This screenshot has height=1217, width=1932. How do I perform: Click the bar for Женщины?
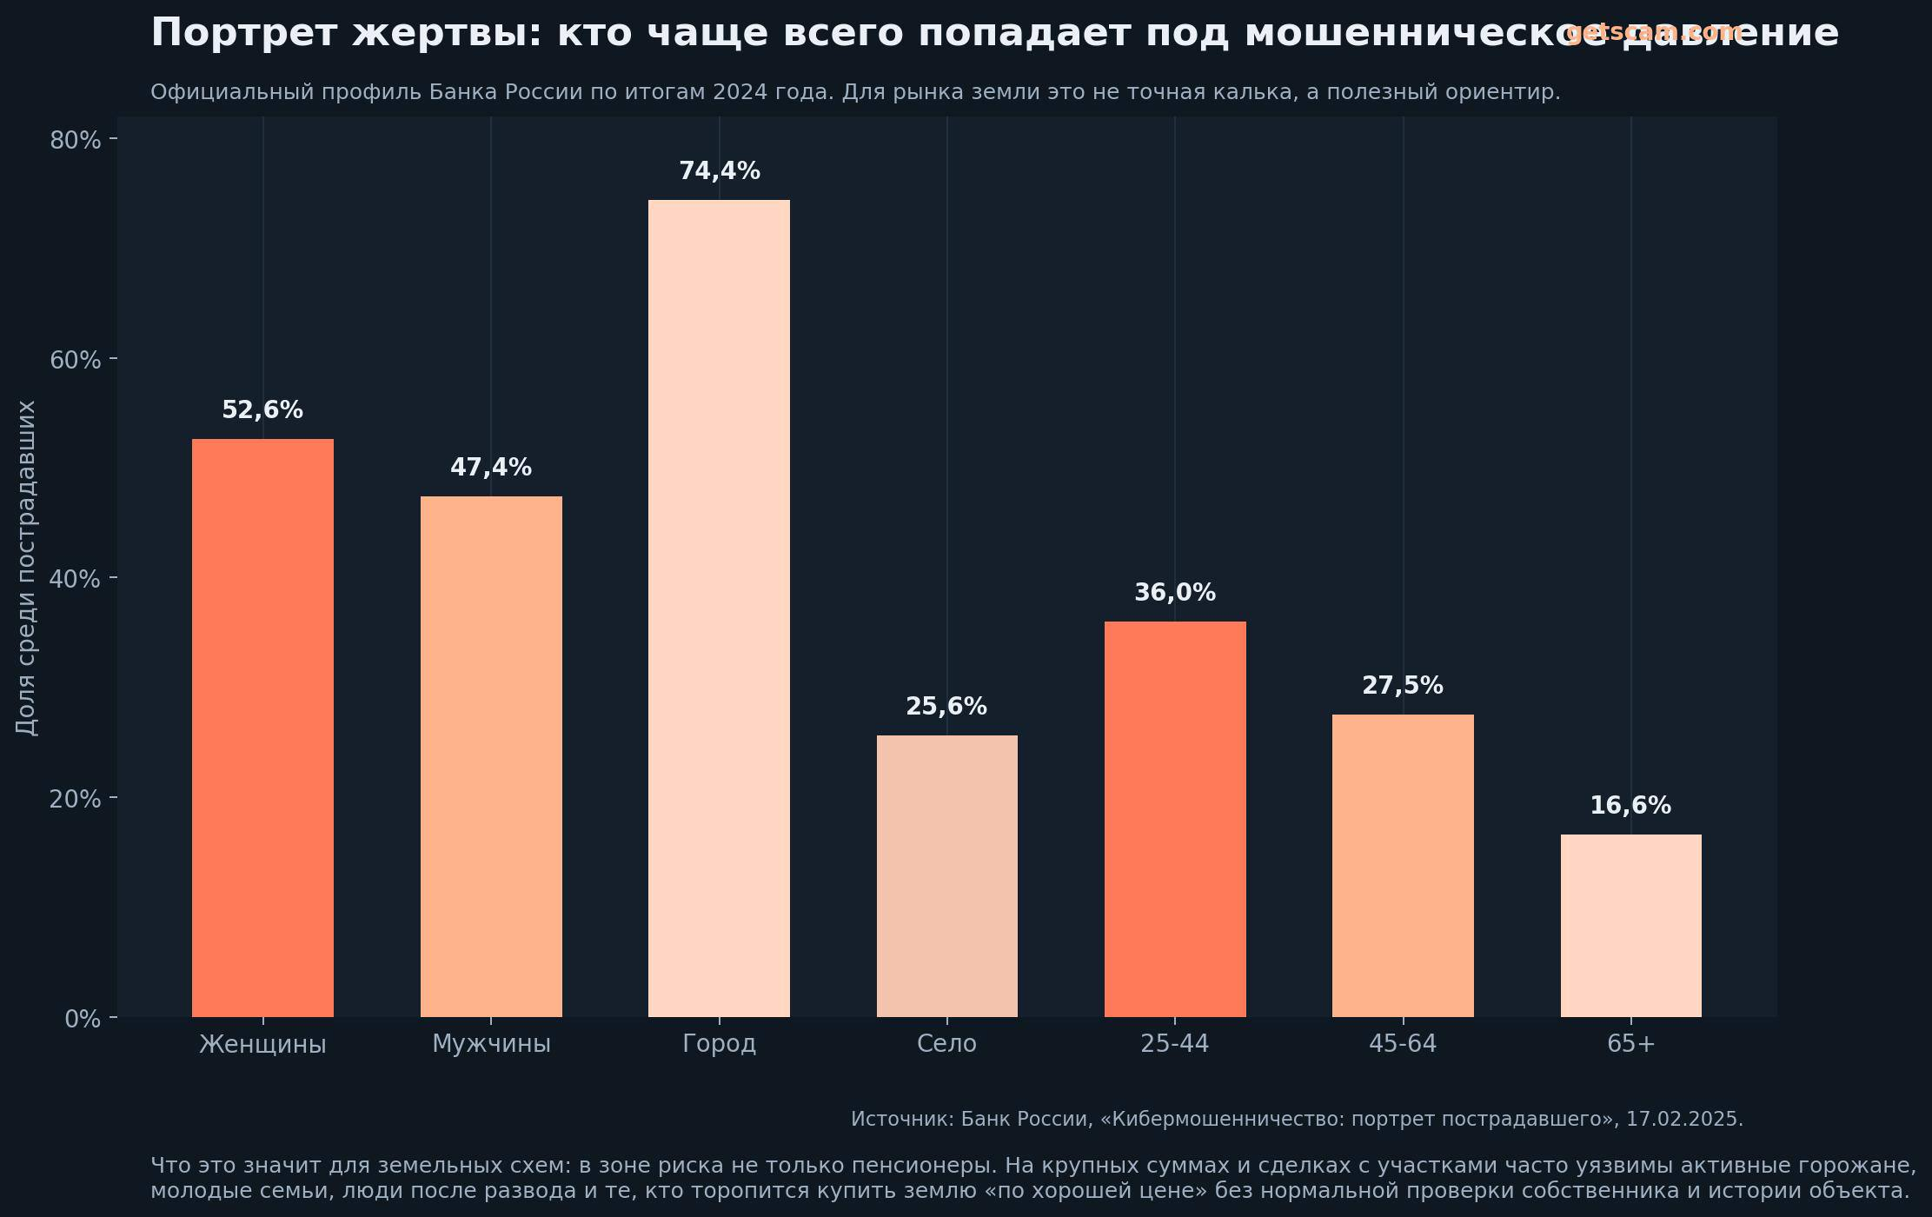point(262,728)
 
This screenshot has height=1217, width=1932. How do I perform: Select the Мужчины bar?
point(491,756)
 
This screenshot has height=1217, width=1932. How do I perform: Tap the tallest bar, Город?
point(719,608)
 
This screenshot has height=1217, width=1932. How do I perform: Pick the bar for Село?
point(946,875)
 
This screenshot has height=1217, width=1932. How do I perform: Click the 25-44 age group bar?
point(1175,819)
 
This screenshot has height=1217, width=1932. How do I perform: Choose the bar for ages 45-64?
point(1403,865)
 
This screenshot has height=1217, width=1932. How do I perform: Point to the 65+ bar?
point(1630,925)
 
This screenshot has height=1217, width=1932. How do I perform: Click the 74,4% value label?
point(719,171)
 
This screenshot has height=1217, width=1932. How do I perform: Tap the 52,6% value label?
point(262,410)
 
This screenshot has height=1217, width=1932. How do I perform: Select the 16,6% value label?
point(1630,806)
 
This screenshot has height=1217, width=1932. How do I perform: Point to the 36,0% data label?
point(1175,593)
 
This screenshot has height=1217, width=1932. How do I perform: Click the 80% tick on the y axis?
point(76,140)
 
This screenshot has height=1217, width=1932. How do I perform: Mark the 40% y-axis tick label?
point(76,579)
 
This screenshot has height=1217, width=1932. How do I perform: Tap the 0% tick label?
point(83,1019)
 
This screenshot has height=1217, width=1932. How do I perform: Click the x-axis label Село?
point(946,1044)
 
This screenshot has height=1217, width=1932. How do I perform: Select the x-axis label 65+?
point(1630,1044)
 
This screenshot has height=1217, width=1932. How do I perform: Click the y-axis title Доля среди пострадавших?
point(27,568)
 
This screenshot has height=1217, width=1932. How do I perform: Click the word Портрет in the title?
point(243,34)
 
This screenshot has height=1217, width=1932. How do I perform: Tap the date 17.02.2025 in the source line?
point(1683,1120)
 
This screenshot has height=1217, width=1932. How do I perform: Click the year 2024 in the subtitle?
point(738,92)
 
